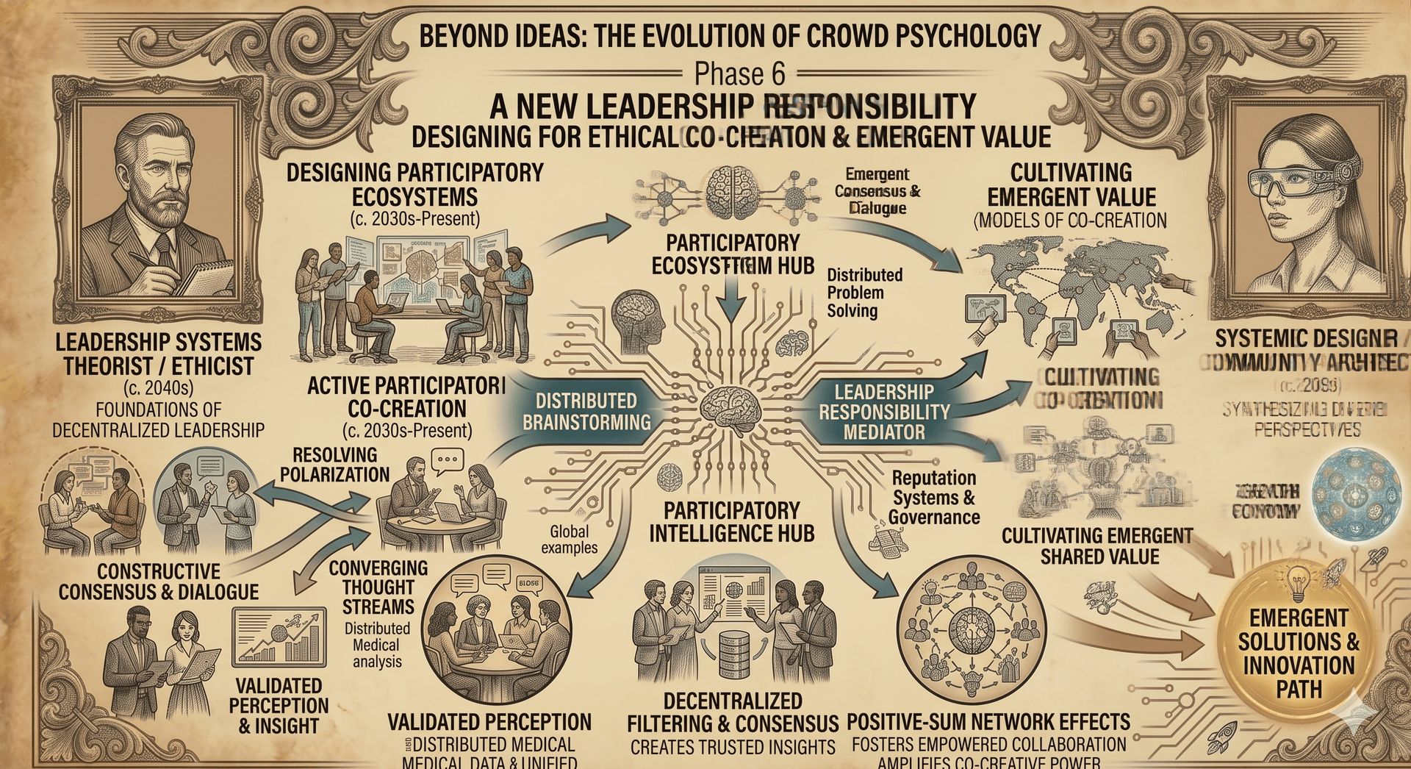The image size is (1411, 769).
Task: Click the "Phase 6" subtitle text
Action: (739, 74)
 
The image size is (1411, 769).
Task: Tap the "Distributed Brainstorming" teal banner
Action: (586, 411)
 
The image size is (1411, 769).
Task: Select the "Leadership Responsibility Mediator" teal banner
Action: (884, 412)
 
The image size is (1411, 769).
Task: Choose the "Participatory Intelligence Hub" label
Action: (732, 522)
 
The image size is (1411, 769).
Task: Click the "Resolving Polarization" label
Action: (334, 465)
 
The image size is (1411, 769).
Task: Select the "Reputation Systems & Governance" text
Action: (934, 498)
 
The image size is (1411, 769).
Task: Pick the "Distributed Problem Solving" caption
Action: (864, 293)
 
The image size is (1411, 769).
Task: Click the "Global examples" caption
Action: (570, 539)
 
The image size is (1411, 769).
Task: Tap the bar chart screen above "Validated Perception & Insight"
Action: (279, 637)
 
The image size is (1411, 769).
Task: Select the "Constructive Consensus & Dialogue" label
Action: (159, 582)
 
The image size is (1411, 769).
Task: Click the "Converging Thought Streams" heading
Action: (378, 587)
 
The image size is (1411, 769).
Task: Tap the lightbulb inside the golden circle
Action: (1299, 584)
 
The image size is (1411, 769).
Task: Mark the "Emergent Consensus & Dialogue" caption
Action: (877, 191)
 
